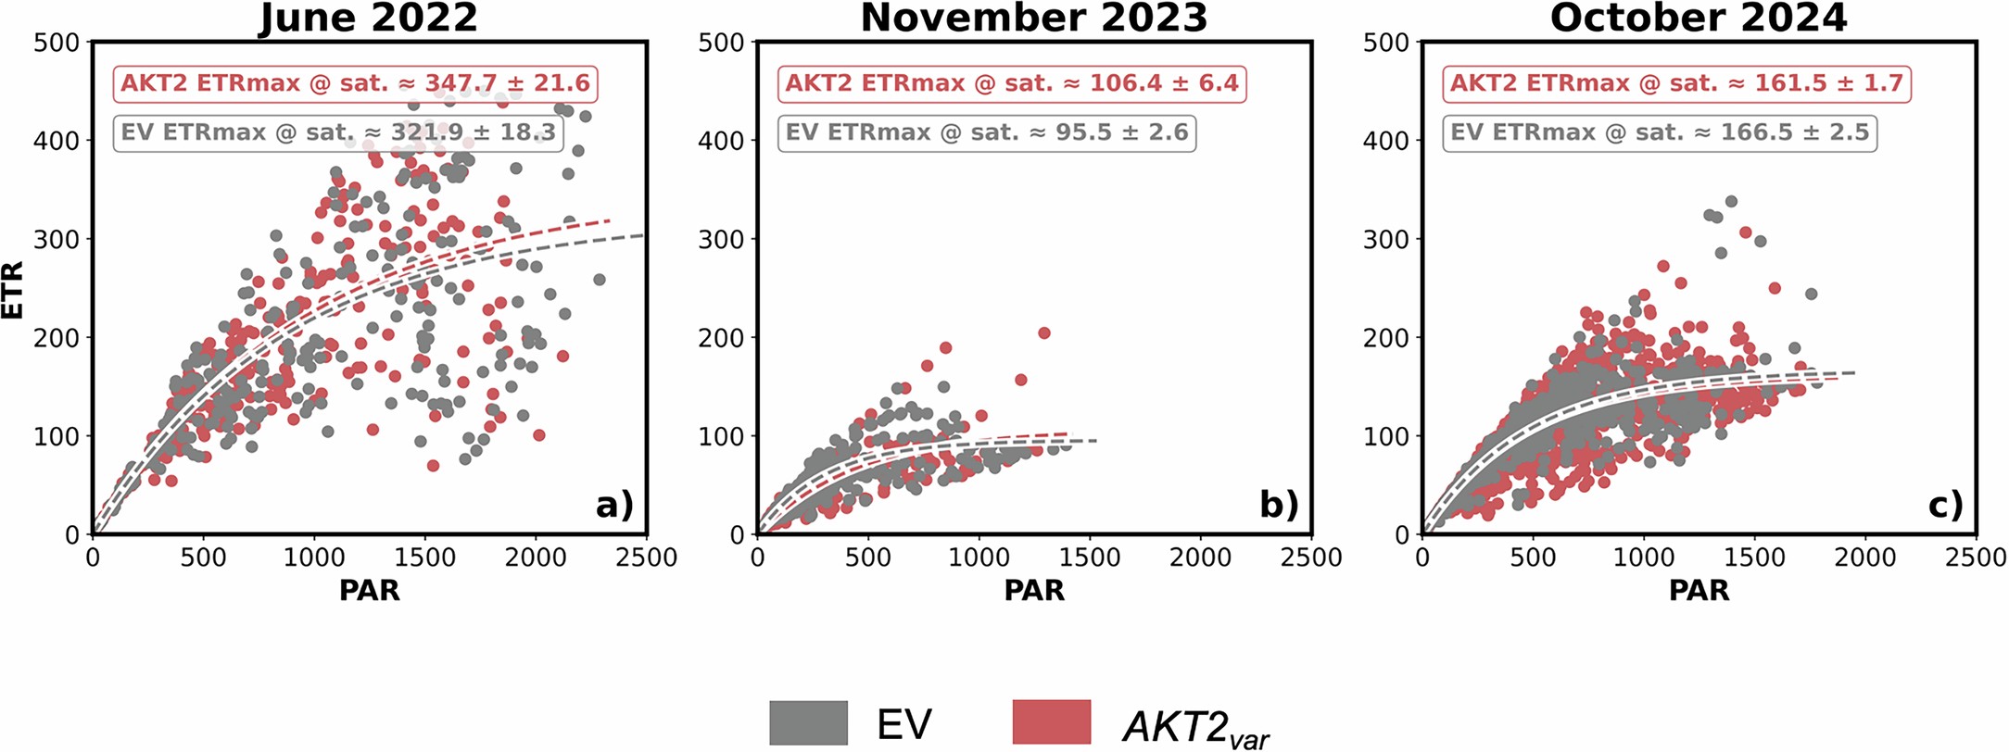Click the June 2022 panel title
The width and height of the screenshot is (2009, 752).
tap(368, 19)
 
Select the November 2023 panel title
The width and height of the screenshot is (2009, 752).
tap(1033, 19)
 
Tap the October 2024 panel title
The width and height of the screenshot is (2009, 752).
tap(1699, 19)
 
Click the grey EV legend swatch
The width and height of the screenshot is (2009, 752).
tap(808, 723)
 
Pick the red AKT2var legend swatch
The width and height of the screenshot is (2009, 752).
tap(1052, 723)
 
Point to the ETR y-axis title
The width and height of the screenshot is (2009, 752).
tap(13, 289)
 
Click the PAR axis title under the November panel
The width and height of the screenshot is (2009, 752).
tap(1034, 591)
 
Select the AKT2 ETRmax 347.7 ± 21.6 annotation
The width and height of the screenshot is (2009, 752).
tap(355, 83)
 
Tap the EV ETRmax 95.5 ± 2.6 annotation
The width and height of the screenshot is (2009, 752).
tap(986, 132)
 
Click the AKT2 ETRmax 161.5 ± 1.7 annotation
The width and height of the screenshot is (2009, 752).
tap(1675, 83)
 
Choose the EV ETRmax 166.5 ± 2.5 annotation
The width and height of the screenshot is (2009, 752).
tap(1659, 132)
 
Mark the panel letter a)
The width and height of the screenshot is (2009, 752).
tap(614, 505)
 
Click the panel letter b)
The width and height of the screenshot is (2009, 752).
tap(1279, 505)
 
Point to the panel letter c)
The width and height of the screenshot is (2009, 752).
tap(1944, 505)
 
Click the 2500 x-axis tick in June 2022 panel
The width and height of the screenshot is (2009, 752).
tap(647, 558)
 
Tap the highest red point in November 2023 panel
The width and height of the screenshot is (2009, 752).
tap(1043, 332)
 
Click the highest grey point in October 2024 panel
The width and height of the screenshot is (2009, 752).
tap(1730, 201)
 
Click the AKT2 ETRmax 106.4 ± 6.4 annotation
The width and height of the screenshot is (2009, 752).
tap(1012, 83)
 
